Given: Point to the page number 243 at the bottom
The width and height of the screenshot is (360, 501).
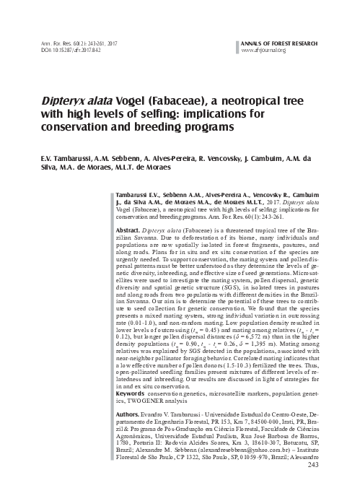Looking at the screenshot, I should [x=333, y=484].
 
